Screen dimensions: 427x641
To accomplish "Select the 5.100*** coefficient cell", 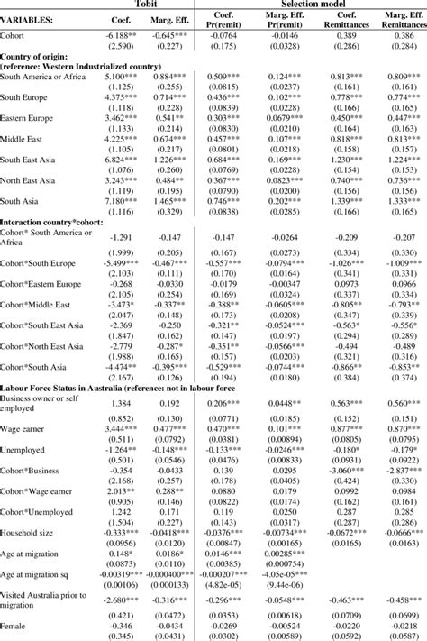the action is coord(121,78).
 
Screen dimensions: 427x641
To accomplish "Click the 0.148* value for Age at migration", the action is coord(121,554).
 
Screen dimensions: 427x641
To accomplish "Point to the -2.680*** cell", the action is coord(121,599).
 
